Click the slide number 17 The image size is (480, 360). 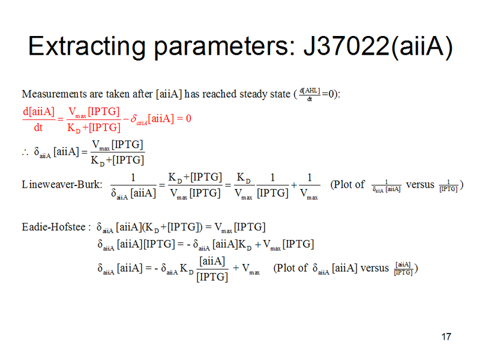point(445,336)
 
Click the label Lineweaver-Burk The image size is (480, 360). point(61,184)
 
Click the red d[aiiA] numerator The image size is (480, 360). point(38,111)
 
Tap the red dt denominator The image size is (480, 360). point(38,127)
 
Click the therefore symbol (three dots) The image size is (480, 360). point(25,151)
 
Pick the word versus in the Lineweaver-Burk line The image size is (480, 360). point(420,184)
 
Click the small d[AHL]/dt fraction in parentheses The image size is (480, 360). point(310,94)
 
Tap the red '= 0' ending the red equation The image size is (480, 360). point(184,118)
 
